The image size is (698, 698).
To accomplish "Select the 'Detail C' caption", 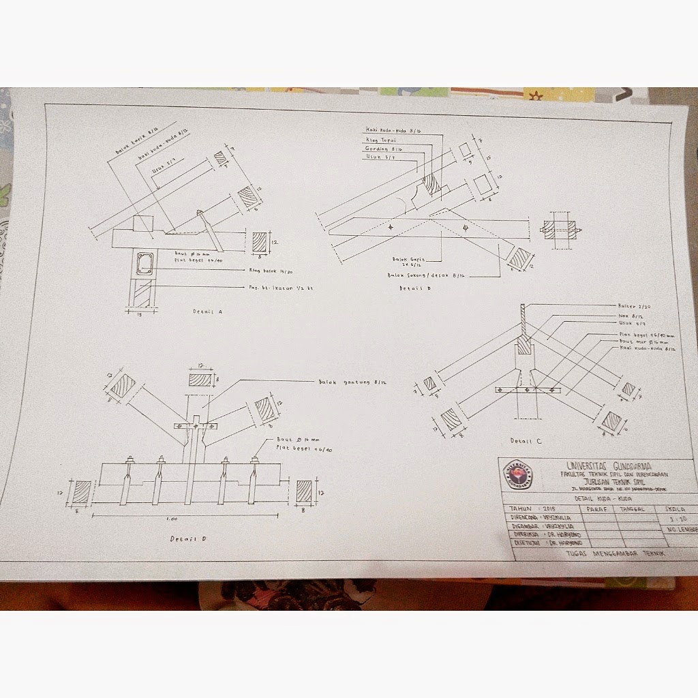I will click(x=524, y=440).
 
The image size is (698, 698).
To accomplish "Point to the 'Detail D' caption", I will click(x=189, y=538).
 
